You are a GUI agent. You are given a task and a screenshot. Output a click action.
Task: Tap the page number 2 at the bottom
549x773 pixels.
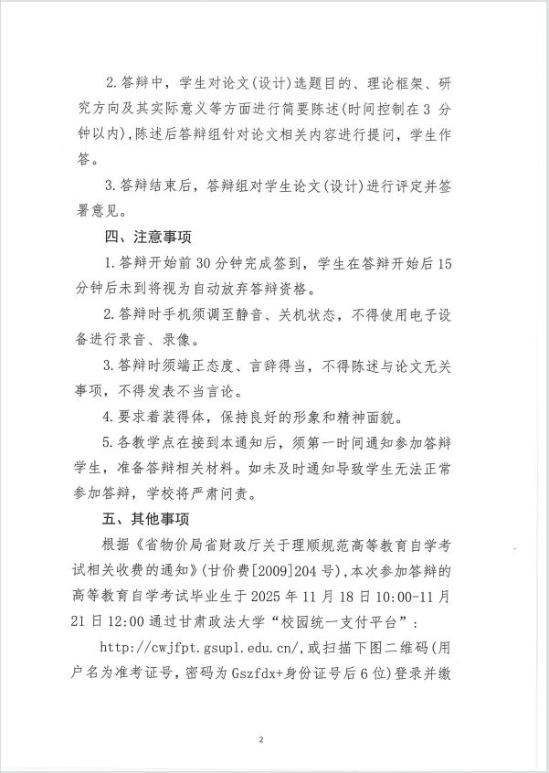tap(261, 739)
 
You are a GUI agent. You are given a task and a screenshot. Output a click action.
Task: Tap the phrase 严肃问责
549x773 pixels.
tap(250, 494)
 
